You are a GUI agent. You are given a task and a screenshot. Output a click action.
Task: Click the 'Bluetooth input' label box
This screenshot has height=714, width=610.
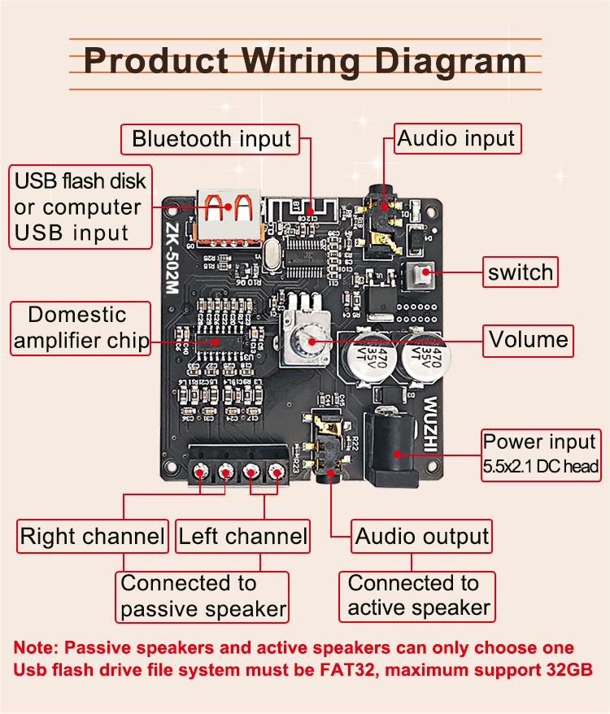coord(211,138)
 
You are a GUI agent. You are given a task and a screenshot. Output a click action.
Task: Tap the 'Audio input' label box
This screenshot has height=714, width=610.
coord(456,138)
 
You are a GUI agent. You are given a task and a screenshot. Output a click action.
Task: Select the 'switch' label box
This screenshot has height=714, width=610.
coord(520,272)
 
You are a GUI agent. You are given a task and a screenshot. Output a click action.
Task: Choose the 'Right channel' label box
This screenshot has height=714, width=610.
coord(92,537)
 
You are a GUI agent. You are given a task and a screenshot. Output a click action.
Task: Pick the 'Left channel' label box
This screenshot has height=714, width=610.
coord(243,537)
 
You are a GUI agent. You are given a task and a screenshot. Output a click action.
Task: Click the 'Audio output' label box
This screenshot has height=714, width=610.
coord(422,537)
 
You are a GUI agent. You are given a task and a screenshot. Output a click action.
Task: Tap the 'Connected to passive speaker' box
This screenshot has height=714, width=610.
coord(203,596)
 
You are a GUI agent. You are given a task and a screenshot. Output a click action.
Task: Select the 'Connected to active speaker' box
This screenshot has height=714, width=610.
coord(418,595)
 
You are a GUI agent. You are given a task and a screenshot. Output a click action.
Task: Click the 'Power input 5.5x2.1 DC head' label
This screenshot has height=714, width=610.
coord(540,454)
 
